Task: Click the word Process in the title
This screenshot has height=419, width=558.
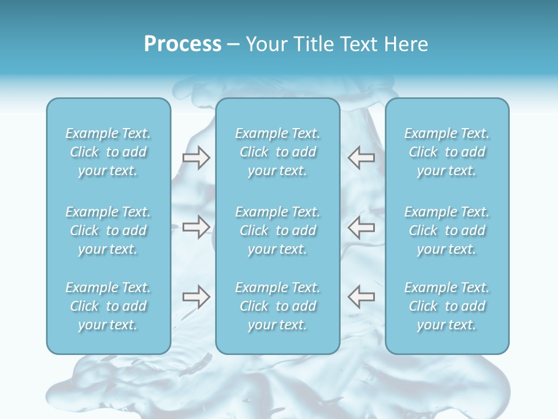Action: pyautogui.click(x=183, y=44)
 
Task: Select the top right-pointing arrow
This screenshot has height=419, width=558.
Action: pyautogui.click(x=196, y=158)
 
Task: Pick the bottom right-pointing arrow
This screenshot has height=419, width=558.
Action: pyautogui.click(x=196, y=297)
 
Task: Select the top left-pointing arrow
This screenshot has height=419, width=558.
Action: pyautogui.click(x=361, y=158)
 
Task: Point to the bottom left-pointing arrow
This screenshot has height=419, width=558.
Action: pyautogui.click(x=361, y=297)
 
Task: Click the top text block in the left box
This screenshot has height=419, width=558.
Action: pyautogui.click(x=108, y=152)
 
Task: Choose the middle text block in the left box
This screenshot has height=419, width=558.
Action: pyautogui.click(x=108, y=230)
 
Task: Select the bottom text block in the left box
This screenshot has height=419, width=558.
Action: pyautogui.click(x=108, y=306)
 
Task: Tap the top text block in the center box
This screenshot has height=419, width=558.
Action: pyautogui.click(x=278, y=152)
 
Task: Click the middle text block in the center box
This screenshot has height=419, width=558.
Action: pyautogui.click(x=278, y=230)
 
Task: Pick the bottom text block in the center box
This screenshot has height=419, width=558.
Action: pyautogui.click(x=278, y=306)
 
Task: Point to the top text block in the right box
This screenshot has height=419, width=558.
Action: pyautogui.click(x=447, y=152)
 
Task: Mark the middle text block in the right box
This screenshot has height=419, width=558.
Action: pyautogui.click(x=447, y=230)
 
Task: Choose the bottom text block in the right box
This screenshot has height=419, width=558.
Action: pyautogui.click(x=447, y=306)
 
